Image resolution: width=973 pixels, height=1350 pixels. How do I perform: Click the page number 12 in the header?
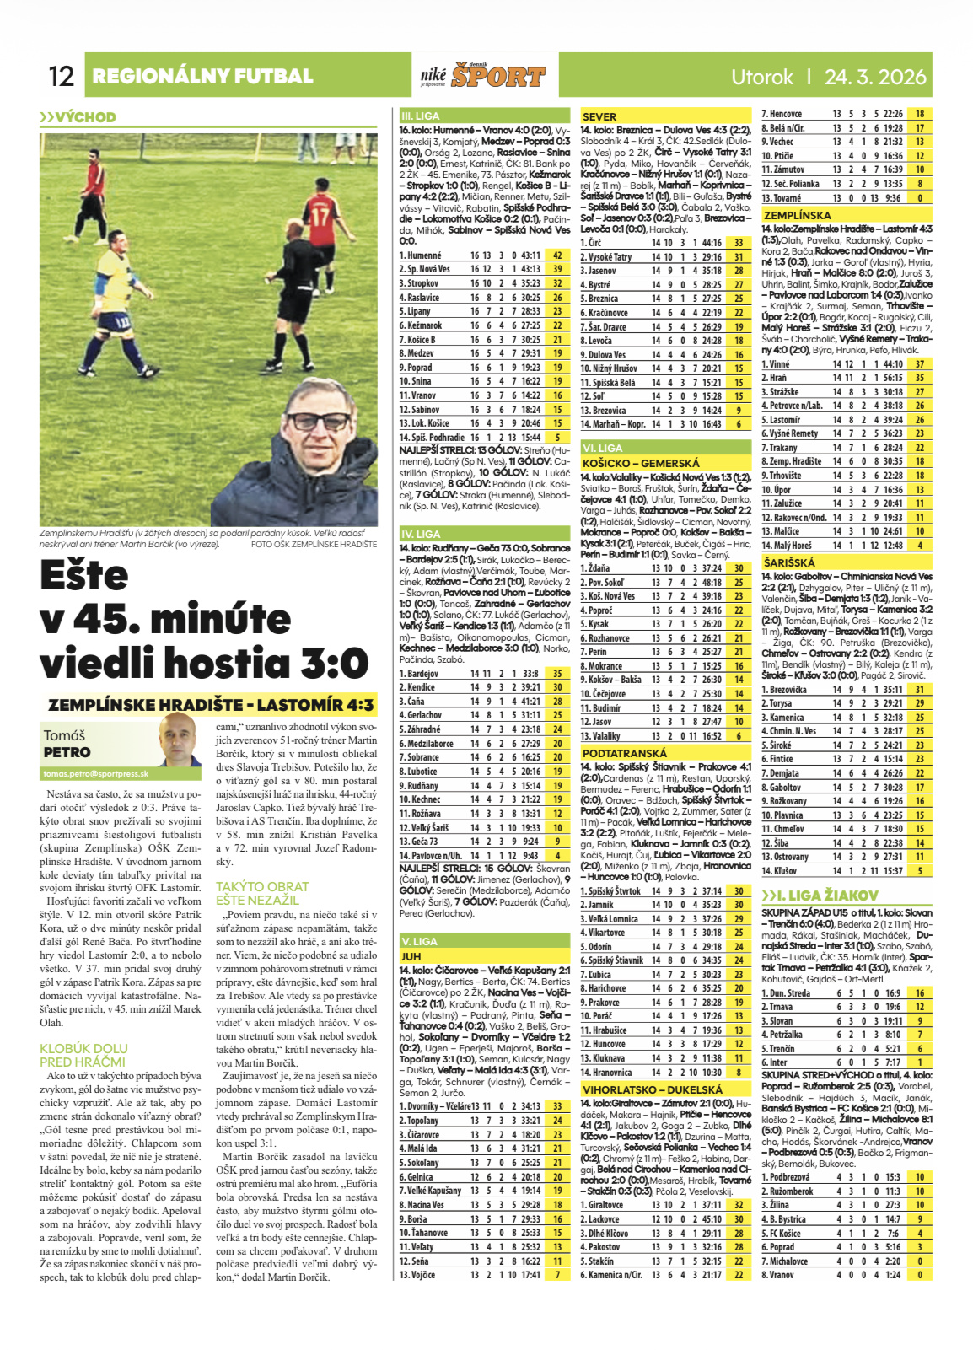pyautogui.click(x=62, y=77)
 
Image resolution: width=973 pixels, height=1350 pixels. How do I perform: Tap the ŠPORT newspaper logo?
pyautogui.click(x=497, y=77)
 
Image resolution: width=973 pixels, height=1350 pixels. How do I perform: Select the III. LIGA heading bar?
pyautogui.click(x=420, y=116)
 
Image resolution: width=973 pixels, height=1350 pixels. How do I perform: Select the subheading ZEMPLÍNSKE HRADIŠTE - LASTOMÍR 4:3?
pyautogui.click(x=210, y=705)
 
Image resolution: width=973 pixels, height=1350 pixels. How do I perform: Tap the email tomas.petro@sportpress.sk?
pyautogui.click(x=95, y=773)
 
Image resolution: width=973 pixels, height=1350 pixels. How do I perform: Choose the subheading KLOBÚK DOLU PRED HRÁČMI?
pyautogui.click(x=83, y=1055)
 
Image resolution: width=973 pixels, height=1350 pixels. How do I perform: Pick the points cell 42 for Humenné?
pyautogui.click(x=557, y=255)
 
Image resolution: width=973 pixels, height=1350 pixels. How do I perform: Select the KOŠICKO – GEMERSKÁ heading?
pyautogui.click(x=641, y=463)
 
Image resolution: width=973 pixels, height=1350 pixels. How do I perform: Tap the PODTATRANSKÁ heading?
pyautogui.click(x=624, y=753)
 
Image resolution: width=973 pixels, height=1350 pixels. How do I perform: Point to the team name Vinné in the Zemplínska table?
pyautogui.click(x=780, y=364)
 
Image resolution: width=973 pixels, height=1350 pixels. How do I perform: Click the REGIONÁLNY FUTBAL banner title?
pyautogui.click(x=202, y=77)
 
